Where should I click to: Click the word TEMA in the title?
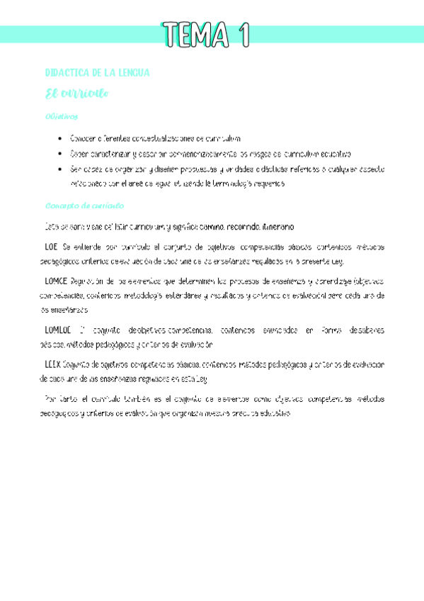pyautogui.click(x=195, y=34)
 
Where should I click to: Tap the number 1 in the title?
pyautogui.click(x=244, y=34)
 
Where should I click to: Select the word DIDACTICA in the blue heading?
pyautogui.click(x=68, y=73)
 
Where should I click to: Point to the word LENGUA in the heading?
pyautogui.click(x=132, y=73)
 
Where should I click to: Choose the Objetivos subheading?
pyautogui.click(x=61, y=116)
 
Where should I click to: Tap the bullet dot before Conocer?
pyautogui.click(x=62, y=138)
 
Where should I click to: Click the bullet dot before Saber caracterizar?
pyautogui.click(x=62, y=153)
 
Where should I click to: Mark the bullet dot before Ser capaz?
pyautogui.click(x=62, y=169)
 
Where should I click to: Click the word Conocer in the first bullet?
pyautogui.click(x=84, y=138)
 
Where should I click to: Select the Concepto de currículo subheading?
pyautogui.click(x=84, y=206)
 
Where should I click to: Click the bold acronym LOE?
pyautogui.click(x=51, y=247)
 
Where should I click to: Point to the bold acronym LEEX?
pyautogui.click(x=53, y=364)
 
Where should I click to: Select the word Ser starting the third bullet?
pyautogui.click(x=74, y=169)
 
